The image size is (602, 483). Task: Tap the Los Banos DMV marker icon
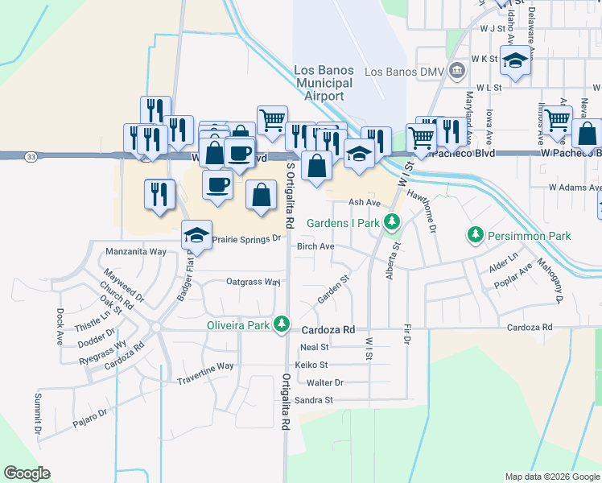pos(456,71)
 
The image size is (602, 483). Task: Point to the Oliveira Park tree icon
pos(281,324)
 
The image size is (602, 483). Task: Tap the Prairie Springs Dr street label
pos(248,238)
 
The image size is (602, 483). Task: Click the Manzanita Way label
pos(136,252)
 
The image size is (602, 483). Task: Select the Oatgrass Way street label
pos(254,283)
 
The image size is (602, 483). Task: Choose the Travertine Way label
pos(205,365)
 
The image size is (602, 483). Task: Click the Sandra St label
pos(314,400)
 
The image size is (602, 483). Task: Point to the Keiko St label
pos(311,365)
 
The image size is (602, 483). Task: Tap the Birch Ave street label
pos(315,246)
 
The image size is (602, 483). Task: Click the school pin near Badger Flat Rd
pos(196,235)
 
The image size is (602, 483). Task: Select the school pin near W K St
pos(514,60)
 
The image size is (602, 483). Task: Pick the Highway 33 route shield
pos(30,155)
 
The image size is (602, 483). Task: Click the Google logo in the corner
pos(27,473)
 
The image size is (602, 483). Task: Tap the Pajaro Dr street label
pos(89,415)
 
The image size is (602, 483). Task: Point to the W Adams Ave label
pos(575,188)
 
